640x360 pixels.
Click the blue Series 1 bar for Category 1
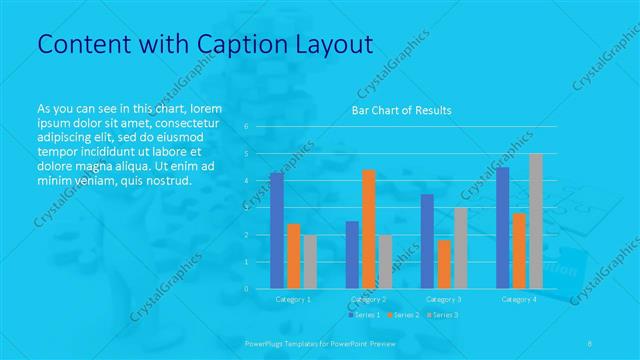(x=276, y=230)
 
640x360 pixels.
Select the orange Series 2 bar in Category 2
(x=369, y=229)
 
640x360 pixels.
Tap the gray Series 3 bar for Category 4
(x=536, y=221)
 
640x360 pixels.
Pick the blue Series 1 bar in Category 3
(x=427, y=241)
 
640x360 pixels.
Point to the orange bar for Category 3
(x=444, y=264)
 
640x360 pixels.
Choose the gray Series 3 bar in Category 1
(x=310, y=261)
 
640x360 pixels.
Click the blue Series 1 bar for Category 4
(x=502, y=228)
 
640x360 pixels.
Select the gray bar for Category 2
(x=386, y=261)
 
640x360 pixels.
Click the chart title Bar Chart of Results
(x=401, y=110)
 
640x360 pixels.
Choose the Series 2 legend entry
(x=402, y=314)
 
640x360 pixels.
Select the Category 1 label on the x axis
(x=293, y=299)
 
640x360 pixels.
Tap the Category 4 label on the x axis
(x=519, y=299)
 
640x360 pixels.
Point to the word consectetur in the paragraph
(x=187, y=121)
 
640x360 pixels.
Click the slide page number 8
(x=590, y=342)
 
